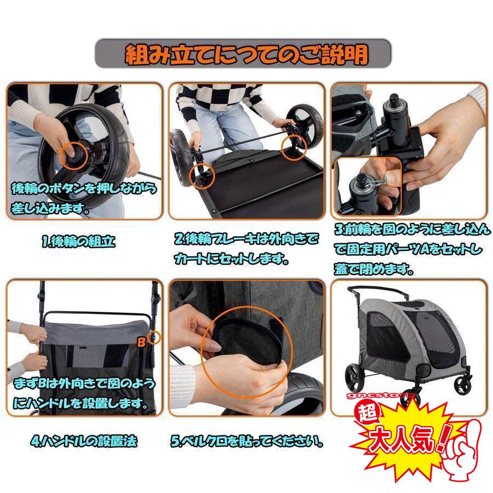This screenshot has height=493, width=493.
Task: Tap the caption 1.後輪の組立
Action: coord(79,242)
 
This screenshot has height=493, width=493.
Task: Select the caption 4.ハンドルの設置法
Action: coord(83,440)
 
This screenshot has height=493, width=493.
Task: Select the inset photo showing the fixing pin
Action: coord(368,186)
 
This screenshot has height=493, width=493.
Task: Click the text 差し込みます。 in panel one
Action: coord(50,209)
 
